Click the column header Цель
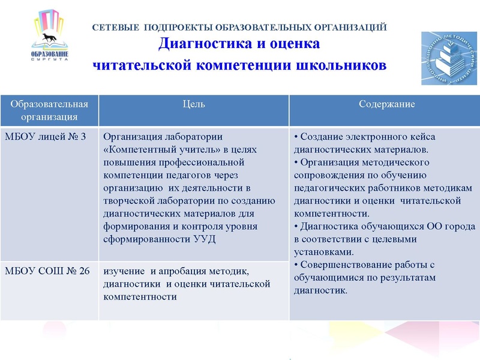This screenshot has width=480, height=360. click(193, 104)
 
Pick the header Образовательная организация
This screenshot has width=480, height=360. click(49, 110)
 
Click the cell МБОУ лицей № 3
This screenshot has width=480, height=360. click(46, 136)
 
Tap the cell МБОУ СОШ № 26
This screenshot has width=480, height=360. click(47, 271)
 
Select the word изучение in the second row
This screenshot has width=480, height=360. click(125, 271)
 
